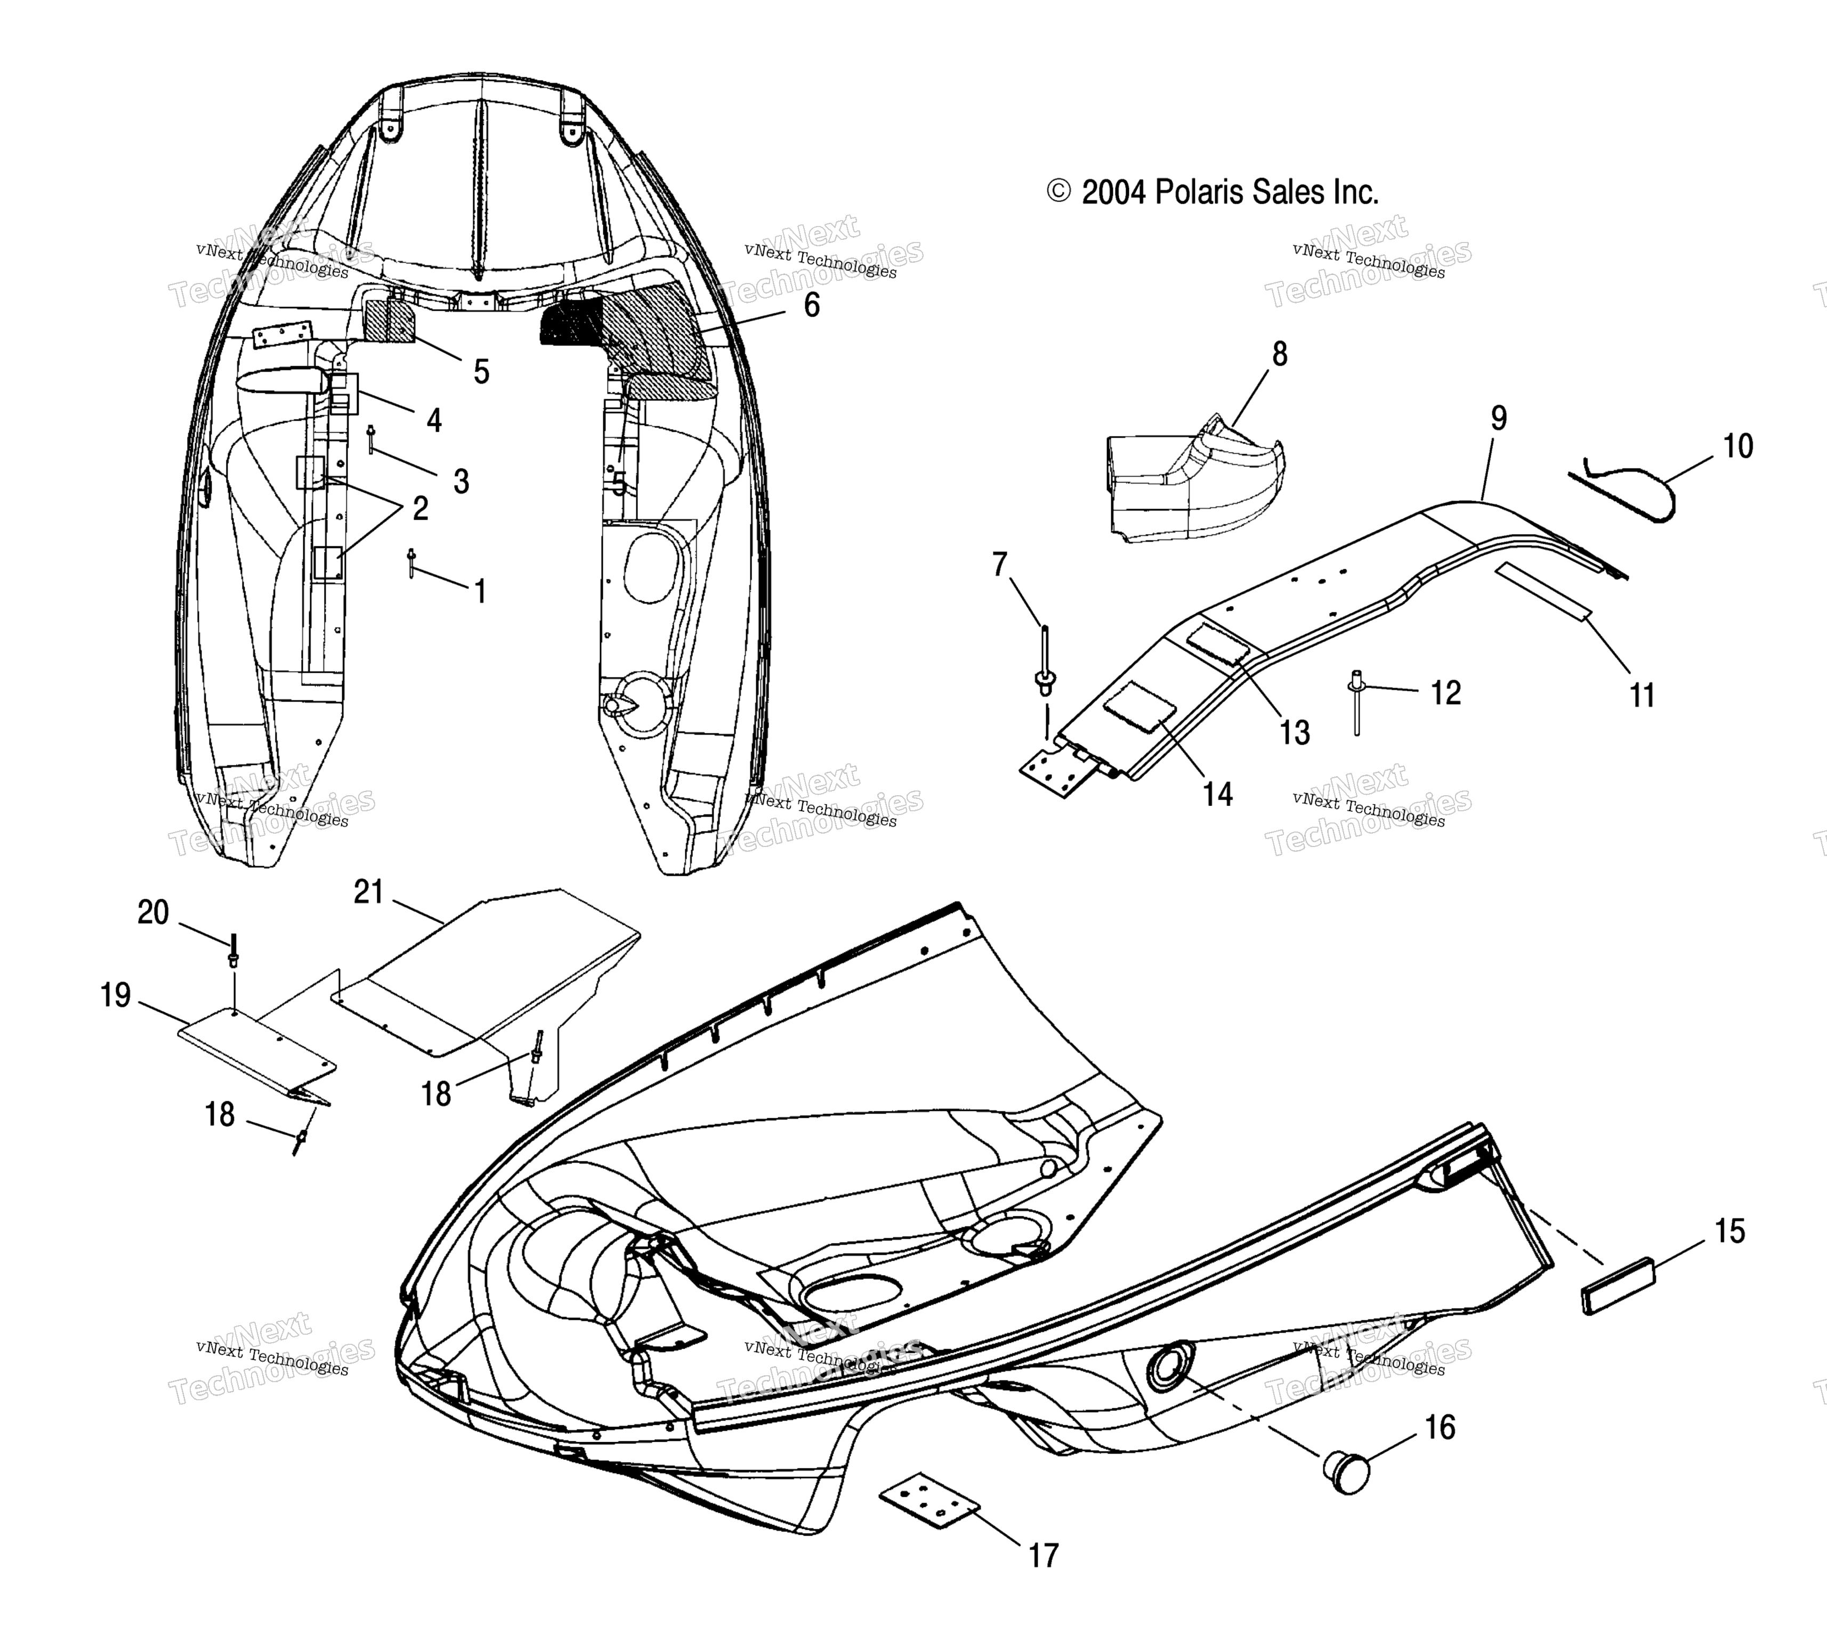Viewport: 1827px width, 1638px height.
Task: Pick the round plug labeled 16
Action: click(1346, 1472)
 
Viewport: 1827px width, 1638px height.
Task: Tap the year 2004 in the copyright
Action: click(1114, 192)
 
